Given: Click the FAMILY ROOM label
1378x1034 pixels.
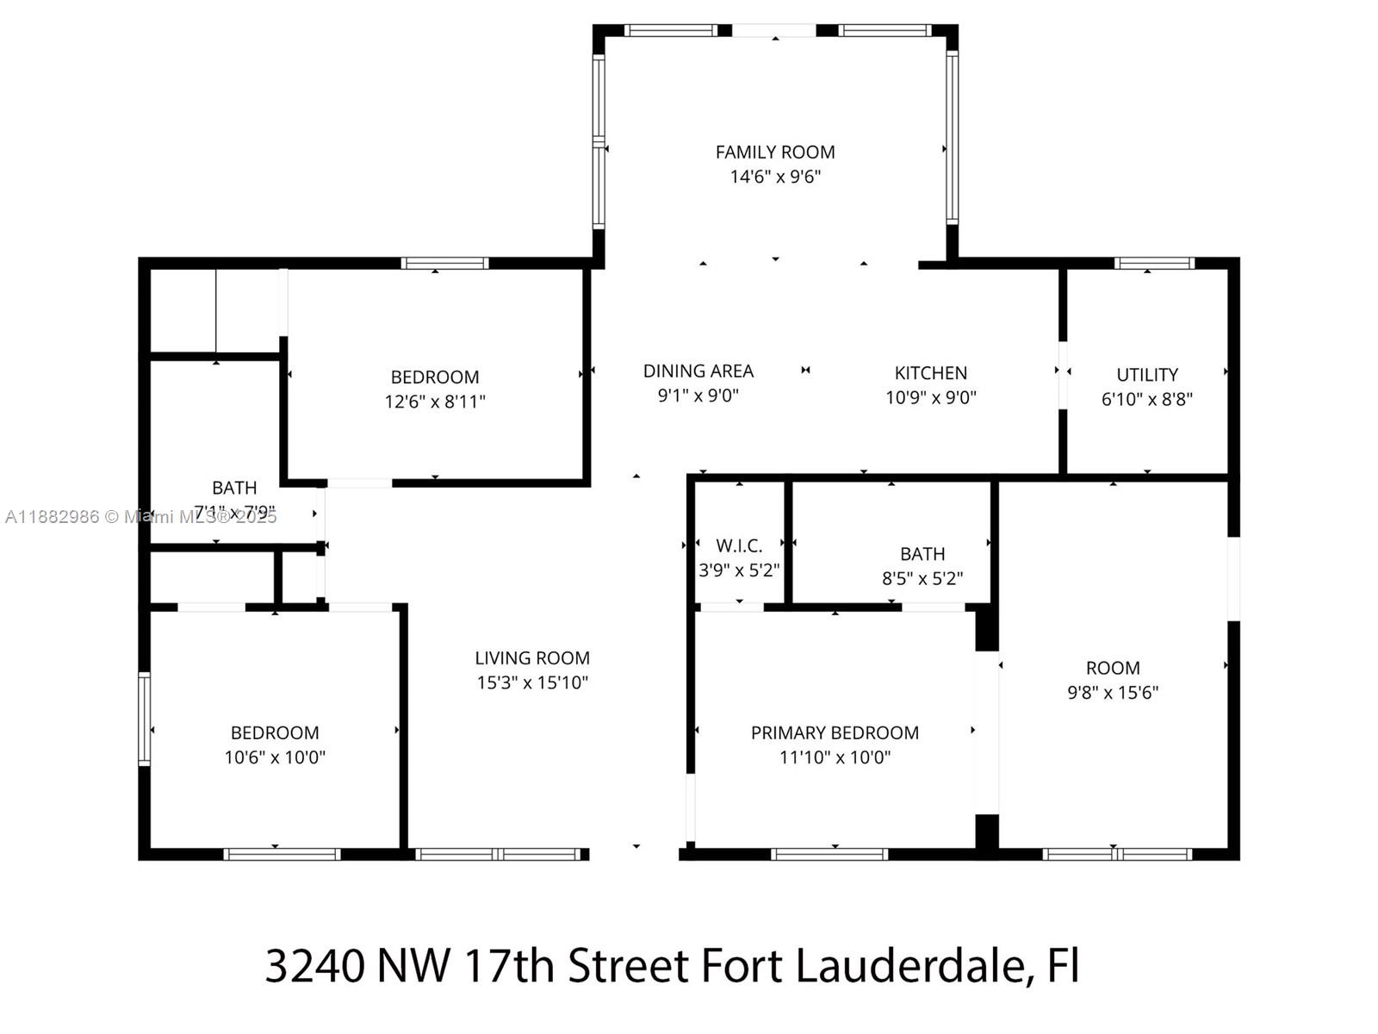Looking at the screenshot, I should click(x=775, y=153).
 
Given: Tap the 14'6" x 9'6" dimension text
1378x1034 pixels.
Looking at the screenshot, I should click(x=775, y=177).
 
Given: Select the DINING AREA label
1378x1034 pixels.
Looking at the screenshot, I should click(x=698, y=371).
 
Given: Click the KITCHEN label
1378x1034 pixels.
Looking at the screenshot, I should click(x=930, y=373).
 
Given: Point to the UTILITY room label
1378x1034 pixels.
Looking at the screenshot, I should click(x=1146, y=375).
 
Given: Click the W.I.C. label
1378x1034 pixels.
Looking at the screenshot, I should click(x=739, y=546).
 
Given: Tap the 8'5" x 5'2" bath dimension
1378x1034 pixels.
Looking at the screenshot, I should click(x=922, y=578).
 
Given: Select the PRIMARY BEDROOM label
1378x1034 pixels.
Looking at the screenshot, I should click(x=835, y=733).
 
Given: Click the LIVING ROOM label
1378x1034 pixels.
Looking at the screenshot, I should click(x=532, y=658).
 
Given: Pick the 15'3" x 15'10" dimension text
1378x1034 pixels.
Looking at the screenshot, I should click(x=532, y=682).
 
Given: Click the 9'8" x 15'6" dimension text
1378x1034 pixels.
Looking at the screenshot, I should click(x=1113, y=692).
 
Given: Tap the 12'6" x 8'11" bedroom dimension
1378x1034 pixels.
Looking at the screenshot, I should click(x=435, y=402).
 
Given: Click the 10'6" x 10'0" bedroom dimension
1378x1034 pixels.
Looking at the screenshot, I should click(x=275, y=757).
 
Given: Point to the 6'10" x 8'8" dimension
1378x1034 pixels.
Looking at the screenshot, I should click(x=1146, y=399).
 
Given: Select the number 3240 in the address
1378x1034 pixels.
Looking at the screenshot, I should click(x=314, y=966).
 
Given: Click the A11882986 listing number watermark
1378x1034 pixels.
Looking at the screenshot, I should click(x=52, y=517).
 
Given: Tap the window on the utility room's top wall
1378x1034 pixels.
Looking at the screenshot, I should click(x=1153, y=264).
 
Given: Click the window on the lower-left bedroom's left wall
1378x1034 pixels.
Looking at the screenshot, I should click(x=144, y=719).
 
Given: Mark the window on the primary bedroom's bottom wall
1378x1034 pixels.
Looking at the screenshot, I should click(x=829, y=854).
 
